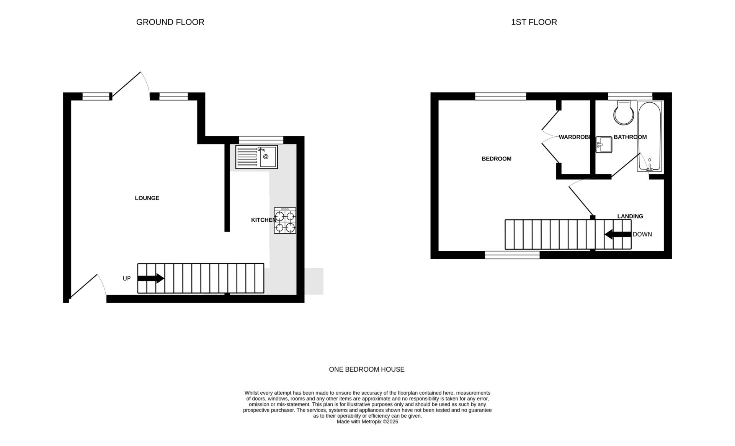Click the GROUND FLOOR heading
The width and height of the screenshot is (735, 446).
click(170, 22)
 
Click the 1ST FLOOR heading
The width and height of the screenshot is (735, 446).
click(534, 22)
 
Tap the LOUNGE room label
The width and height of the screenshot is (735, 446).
click(147, 198)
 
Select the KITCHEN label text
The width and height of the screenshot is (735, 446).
click(263, 220)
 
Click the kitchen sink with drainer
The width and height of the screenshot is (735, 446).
click(256, 157)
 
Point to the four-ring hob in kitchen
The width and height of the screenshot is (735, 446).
click(285, 221)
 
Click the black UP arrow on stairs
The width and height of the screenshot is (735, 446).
click(151, 278)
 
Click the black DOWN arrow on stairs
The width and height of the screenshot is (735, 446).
click(618, 234)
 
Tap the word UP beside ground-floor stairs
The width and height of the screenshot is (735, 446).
click(127, 279)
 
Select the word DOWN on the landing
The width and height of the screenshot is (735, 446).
click(642, 234)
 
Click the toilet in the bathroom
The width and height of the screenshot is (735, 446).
click(624, 113)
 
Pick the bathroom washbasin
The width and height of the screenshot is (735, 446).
click(604, 145)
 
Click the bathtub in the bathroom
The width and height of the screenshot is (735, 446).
click(649, 136)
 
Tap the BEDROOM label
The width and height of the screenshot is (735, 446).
click(496, 159)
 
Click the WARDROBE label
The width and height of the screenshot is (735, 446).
click(574, 137)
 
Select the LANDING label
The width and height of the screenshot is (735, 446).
click(630, 216)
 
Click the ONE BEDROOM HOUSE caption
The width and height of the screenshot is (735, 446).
click(366, 369)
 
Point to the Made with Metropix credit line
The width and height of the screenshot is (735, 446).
click(367, 421)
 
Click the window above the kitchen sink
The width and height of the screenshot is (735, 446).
click(261, 140)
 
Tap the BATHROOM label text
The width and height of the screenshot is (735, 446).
click(630, 137)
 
